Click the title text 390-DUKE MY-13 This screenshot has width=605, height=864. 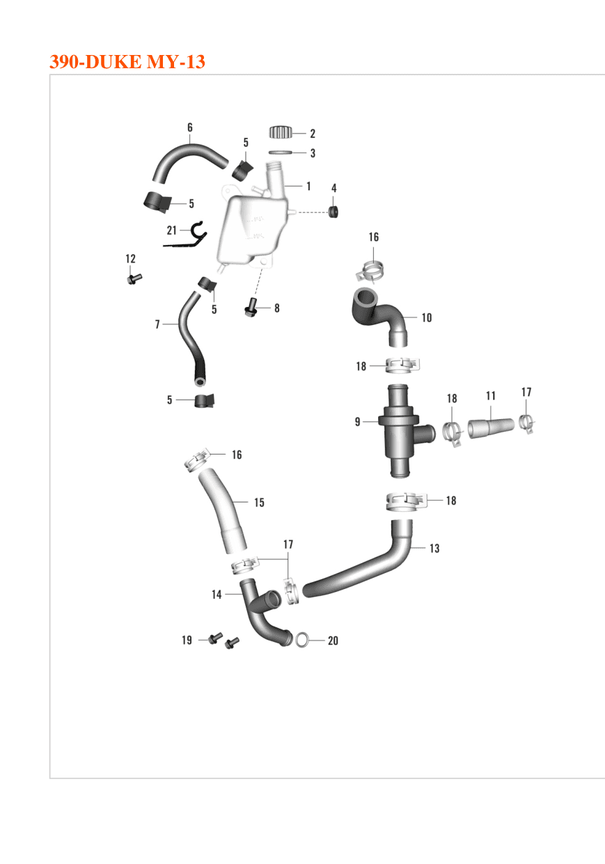pyautogui.click(x=127, y=62)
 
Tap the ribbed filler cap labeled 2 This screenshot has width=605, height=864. pyautogui.click(x=281, y=132)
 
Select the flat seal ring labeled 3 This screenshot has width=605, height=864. pyautogui.click(x=280, y=152)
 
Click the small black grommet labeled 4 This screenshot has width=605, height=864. pyautogui.click(x=333, y=212)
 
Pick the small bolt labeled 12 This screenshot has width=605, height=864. pyautogui.click(x=134, y=278)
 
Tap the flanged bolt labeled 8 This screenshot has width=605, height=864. pyautogui.click(x=251, y=308)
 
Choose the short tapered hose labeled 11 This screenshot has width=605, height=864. pyautogui.click(x=491, y=427)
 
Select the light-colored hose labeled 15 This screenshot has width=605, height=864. pyautogui.click(x=223, y=511)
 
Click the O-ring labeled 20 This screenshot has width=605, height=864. pyautogui.click(x=302, y=641)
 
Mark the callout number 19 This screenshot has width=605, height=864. pyautogui.click(x=187, y=641)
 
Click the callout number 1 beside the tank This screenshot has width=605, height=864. pyautogui.click(x=308, y=187)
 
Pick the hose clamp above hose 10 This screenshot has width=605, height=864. pyautogui.click(x=370, y=270)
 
